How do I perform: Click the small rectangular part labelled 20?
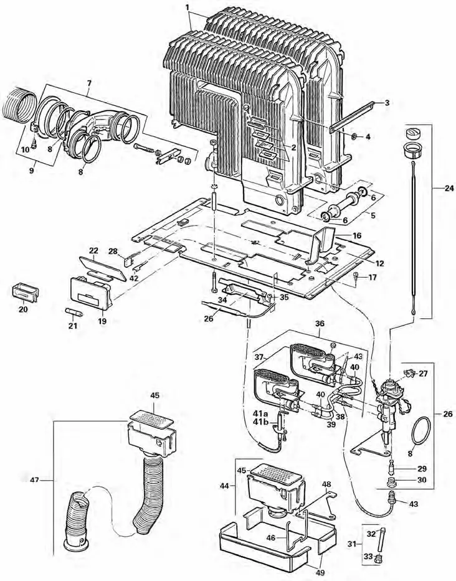[25, 290]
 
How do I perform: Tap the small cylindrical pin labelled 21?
[72, 309]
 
